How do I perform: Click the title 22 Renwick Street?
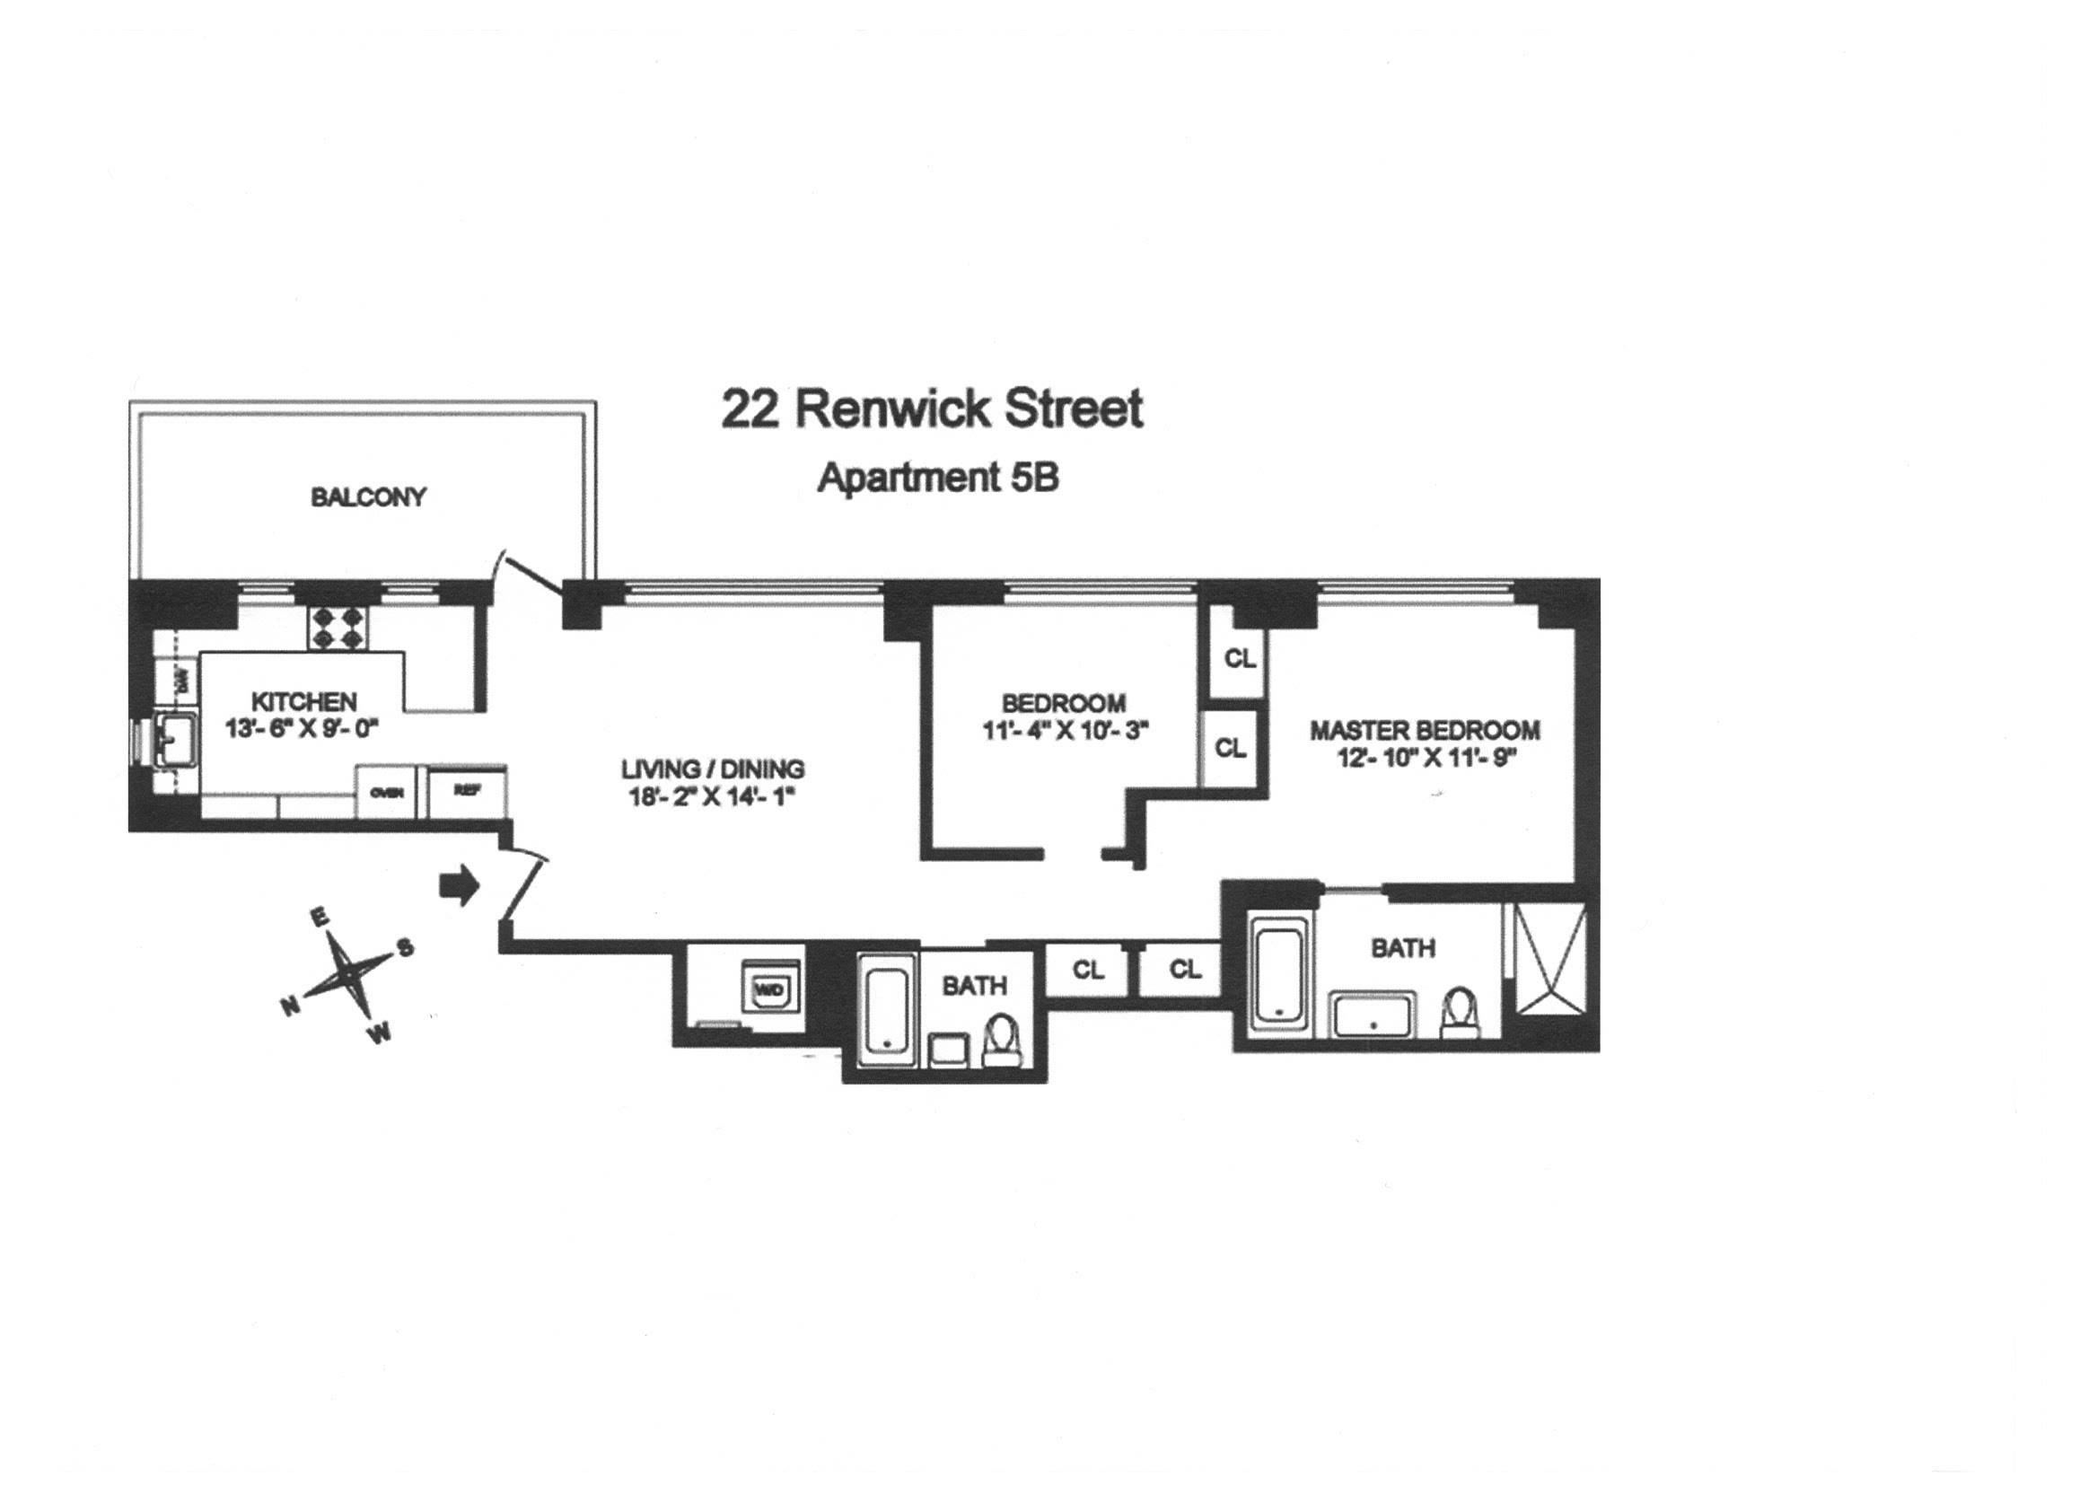[931, 409]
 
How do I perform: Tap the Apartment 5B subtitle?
[938, 478]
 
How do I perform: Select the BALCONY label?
[368, 497]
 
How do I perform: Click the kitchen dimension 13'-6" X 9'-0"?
[303, 729]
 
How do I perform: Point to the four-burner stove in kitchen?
[338, 628]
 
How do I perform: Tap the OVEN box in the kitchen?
[387, 792]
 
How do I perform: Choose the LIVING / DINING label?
[713, 769]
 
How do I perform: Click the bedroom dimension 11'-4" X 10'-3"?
[1065, 731]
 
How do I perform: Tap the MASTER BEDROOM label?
[1425, 731]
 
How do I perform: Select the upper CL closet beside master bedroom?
[1238, 659]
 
